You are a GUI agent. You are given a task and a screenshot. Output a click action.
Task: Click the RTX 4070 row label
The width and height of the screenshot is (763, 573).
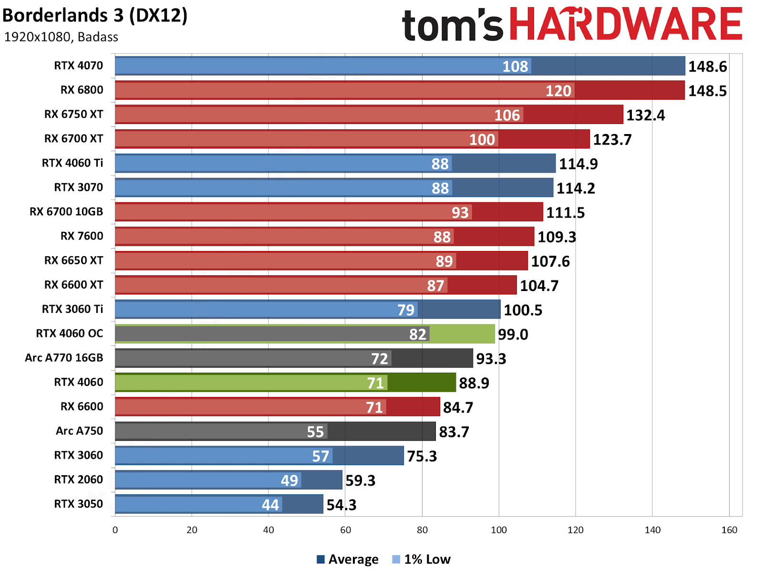click(78, 66)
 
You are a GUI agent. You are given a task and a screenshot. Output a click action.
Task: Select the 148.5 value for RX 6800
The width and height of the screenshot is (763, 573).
click(707, 91)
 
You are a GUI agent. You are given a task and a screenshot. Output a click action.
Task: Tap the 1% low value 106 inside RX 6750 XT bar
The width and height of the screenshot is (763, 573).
click(507, 115)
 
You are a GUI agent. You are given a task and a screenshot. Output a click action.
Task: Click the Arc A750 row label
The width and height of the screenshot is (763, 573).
click(79, 431)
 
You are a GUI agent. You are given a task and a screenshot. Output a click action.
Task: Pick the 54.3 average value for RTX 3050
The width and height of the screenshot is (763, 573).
click(341, 505)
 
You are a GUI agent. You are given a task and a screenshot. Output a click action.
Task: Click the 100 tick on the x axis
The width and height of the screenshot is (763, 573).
click(499, 530)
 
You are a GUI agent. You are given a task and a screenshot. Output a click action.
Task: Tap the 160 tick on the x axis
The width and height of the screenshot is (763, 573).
click(729, 530)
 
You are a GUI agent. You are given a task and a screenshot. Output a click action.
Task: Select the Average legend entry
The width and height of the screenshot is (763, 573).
click(348, 559)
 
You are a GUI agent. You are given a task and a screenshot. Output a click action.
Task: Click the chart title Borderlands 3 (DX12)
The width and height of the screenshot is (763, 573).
click(95, 15)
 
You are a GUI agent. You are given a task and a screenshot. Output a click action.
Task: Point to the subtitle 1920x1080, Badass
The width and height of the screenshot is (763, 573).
click(61, 37)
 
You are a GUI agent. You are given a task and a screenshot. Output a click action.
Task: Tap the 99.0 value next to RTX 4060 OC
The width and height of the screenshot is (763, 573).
click(513, 334)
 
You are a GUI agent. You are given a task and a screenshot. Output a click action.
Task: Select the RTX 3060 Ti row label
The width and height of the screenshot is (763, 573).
click(72, 309)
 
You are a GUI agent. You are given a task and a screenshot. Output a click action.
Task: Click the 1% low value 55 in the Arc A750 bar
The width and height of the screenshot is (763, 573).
click(315, 432)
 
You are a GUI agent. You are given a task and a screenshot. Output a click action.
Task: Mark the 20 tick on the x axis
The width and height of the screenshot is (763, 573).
click(192, 530)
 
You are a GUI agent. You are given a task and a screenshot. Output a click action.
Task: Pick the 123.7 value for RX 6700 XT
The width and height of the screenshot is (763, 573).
click(612, 140)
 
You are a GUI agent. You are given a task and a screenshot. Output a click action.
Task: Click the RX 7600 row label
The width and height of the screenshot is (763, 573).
click(82, 236)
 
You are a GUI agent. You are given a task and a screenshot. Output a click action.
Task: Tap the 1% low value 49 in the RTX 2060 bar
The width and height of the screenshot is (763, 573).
click(289, 480)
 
